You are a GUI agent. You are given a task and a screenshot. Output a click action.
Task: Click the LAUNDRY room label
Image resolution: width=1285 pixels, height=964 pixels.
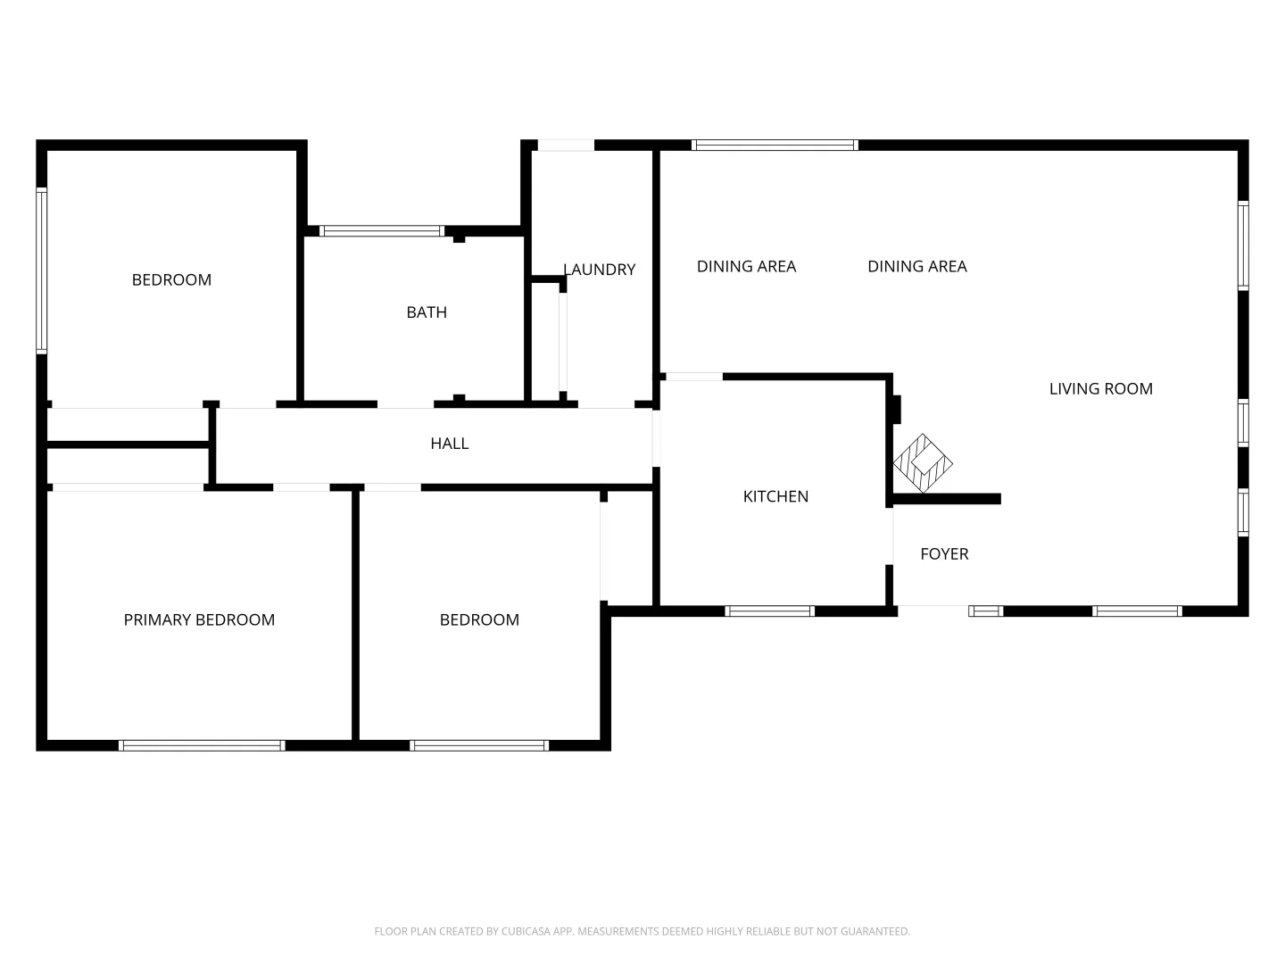[x=599, y=270]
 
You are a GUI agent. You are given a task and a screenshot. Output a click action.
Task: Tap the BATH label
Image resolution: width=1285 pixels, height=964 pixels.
[x=427, y=312]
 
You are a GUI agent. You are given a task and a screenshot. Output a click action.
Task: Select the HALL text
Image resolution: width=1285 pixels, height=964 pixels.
[x=449, y=444]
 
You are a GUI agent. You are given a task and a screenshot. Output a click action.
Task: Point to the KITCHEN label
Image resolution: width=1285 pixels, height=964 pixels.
[x=775, y=496]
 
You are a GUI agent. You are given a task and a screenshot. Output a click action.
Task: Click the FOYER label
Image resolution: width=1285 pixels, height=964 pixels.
[x=944, y=554]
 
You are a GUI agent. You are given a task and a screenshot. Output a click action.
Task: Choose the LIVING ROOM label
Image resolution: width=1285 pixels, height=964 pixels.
[x=1100, y=388]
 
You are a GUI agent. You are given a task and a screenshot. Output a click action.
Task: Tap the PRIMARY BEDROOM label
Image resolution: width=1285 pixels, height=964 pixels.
[x=199, y=619]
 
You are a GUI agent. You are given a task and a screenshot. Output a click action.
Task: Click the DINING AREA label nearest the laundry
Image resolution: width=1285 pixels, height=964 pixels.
[x=746, y=266]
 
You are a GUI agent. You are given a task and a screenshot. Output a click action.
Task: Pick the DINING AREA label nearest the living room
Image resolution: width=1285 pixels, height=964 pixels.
[x=916, y=266]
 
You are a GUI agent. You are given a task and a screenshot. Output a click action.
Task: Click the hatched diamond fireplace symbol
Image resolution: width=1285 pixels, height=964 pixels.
[x=923, y=462]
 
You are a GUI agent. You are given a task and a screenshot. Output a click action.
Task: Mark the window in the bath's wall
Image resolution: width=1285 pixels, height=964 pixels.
[x=382, y=231]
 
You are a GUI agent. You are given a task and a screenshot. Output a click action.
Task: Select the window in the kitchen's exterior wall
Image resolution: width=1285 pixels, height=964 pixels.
[x=769, y=611]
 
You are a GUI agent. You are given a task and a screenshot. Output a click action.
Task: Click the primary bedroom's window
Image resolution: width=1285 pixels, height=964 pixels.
[x=202, y=745]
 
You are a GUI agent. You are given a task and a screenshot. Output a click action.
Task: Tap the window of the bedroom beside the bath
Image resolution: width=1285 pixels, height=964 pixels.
[x=41, y=270]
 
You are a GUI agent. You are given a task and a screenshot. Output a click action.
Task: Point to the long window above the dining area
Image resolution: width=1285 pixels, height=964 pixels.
[x=775, y=145]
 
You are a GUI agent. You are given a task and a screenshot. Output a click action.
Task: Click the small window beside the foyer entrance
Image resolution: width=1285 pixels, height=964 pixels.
[x=985, y=611]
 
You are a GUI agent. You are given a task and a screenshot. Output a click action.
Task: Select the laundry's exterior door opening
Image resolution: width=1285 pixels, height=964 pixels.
[x=566, y=145]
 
